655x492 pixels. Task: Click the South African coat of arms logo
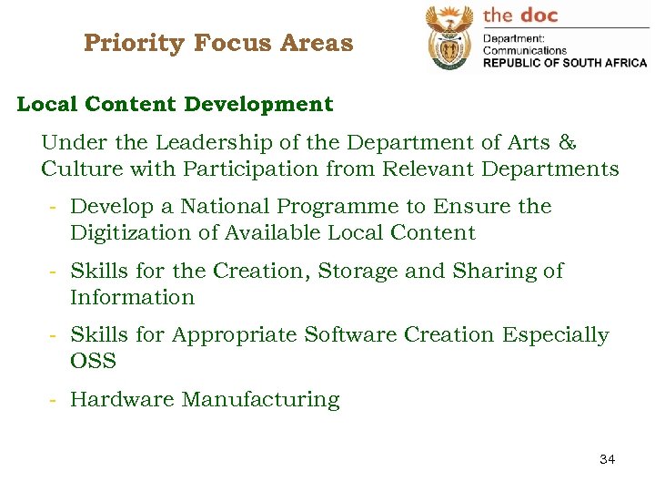click(x=449, y=38)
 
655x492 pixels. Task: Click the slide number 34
click(x=607, y=459)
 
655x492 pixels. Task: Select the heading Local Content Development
click(x=175, y=104)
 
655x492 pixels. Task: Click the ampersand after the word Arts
click(x=567, y=142)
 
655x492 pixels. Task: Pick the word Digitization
click(x=126, y=233)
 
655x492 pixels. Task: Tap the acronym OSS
click(x=93, y=361)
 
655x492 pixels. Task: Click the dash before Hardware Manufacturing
click(x=55, y=400)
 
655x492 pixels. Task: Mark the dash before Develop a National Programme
click(x=55, y=207)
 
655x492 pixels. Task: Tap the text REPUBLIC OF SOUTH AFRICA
click(x=564, y=63)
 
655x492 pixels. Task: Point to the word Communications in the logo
click(x=524, y=51)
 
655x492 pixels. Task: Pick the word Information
click(x=132, y=297)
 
